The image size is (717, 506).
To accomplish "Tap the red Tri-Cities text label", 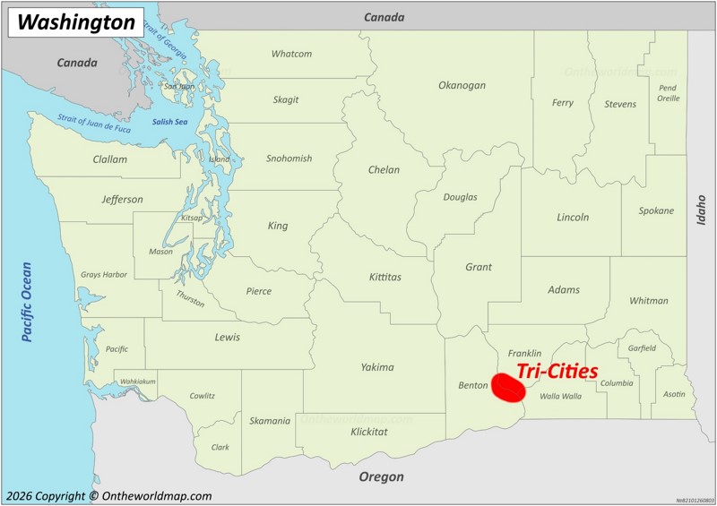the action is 557,371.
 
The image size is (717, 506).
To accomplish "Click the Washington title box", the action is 76,22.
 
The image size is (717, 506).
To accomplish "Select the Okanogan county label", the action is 462,86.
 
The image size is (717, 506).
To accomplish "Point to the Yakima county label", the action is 377,367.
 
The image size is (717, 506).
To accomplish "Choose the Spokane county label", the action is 656,211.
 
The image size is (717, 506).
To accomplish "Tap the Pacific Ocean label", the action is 27,302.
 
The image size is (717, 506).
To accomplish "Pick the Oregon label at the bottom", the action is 381,477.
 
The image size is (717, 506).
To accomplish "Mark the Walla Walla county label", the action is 561,395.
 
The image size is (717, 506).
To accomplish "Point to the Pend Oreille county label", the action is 668,93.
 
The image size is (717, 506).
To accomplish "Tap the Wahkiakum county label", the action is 138,382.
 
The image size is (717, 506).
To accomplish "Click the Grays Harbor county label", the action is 104,275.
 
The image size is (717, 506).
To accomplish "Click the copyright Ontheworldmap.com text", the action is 108,496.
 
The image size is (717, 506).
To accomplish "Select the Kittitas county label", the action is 385,278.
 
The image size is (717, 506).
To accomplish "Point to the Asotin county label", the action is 673,394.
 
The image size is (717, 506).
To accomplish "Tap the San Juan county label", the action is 178,87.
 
